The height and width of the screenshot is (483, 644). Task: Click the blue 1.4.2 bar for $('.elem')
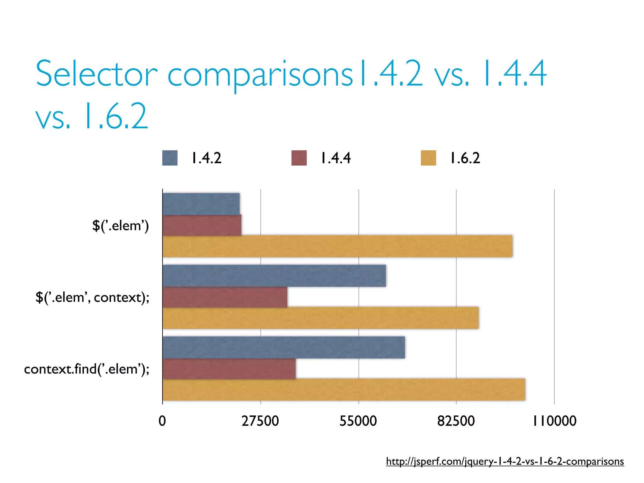click(201, 204)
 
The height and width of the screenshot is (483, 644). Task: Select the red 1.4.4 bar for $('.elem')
click(202, 225)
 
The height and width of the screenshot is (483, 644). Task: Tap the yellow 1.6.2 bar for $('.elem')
click(337, 246)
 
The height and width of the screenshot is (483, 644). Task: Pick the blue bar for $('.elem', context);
click(274, 276)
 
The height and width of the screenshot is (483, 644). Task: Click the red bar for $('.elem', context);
click(225, 297)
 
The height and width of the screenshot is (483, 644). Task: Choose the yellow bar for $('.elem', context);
click(321, 318)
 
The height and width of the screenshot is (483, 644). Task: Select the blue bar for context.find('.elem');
click(284, 347)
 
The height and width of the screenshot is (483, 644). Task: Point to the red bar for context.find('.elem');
click(229, 369)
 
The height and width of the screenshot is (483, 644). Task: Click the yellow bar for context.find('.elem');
click(344, 390)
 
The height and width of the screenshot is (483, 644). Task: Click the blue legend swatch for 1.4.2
click(170, 158)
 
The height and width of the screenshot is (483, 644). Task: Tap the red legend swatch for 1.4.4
click(299, 158)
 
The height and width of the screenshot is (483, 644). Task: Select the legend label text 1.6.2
click(465, 158)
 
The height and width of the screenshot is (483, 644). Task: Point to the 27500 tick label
click(260, 421)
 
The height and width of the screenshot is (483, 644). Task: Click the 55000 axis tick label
click(358, 421)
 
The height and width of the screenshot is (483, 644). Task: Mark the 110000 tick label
click(554, 421)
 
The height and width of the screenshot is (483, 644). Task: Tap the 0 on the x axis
click(162, 421)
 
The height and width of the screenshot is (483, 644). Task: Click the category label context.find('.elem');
click(87, 369)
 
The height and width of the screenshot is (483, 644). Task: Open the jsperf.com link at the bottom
click(505, 461)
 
